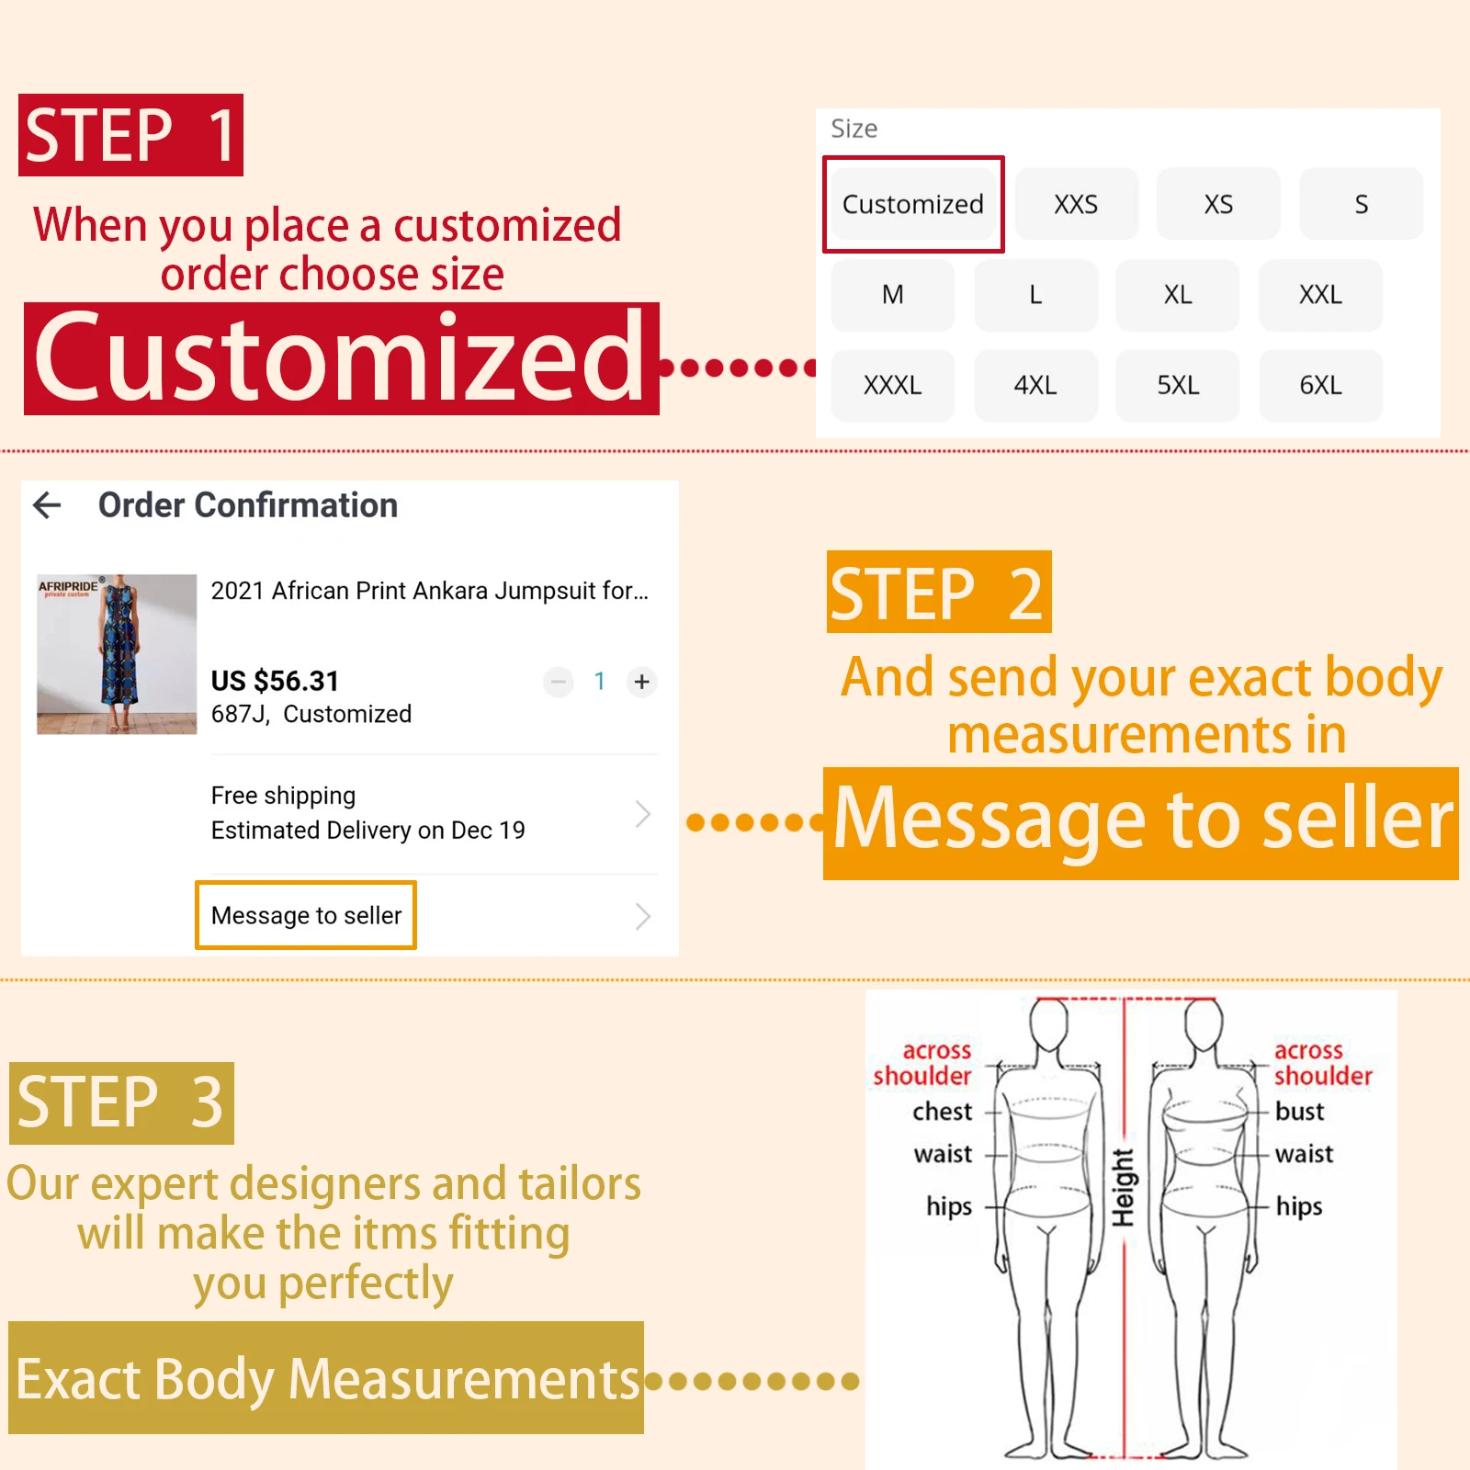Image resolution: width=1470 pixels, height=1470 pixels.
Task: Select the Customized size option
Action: [x=913, y=204]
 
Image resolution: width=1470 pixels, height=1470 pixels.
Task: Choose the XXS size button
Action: [x=1076, y=204]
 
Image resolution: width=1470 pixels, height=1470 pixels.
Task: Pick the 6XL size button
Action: [x=1320, y=385]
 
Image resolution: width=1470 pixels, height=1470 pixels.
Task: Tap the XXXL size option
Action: [x=892, y=385]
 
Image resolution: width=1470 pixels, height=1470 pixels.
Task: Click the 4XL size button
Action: [x=1035, y=385]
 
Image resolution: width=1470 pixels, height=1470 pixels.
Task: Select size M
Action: [x=892, y=295]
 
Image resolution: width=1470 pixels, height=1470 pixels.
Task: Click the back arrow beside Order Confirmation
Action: [x=47, y=504]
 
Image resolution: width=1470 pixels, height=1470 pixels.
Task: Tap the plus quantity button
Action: [x=642, y=682]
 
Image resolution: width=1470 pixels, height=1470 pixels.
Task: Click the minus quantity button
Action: [x=558, y=682]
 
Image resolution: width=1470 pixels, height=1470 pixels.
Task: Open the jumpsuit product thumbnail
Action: [x=117, y=654]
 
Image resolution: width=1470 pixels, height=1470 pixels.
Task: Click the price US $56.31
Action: [x=275, y=681]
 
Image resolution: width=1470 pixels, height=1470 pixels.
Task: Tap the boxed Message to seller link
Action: [x=306, y=915]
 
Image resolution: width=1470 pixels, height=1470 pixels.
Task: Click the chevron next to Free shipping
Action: [x=643, y=813]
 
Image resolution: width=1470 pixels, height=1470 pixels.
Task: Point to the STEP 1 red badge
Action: [x=130, y=135]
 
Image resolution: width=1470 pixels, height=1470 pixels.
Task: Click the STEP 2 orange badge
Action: [x=939, y=593]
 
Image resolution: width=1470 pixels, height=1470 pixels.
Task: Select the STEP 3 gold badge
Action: [x=121, y=1102]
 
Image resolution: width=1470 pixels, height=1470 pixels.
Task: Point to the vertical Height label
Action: [x=1123, y=1187]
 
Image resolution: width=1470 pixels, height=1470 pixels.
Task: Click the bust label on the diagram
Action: [x=1299, y=1112]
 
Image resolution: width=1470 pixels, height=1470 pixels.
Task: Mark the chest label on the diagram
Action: [x=942, y=1112]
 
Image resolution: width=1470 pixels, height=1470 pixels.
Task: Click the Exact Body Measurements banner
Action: [x=326, y=1378]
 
